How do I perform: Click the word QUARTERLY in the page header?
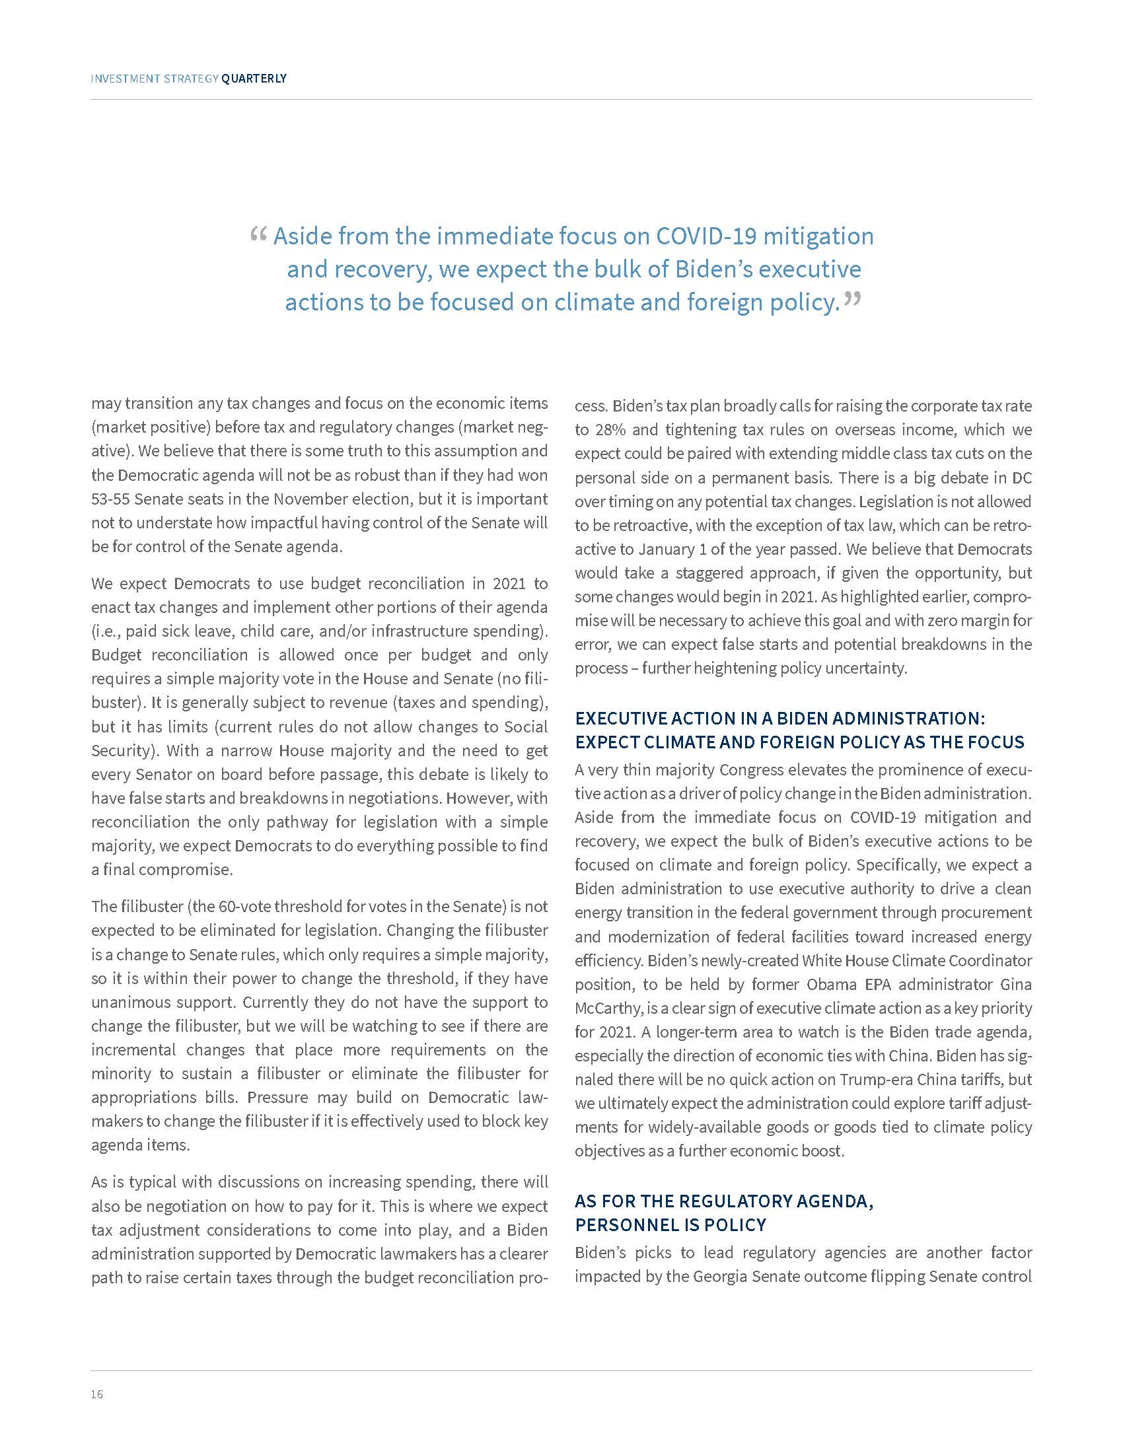pyautogui.click(x=254, y=79)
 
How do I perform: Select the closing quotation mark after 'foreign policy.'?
pyautogui.click(x=852, y=300)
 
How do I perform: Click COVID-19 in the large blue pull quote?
pyautogui.click(x=707, y=236)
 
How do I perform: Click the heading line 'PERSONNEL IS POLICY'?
pyautogui.click(x=670, y=1224)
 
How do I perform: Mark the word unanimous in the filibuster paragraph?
pyautogui.click(x=129, y=1002)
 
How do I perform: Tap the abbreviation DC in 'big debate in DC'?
pyautogui.click(x=1021, y=478)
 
